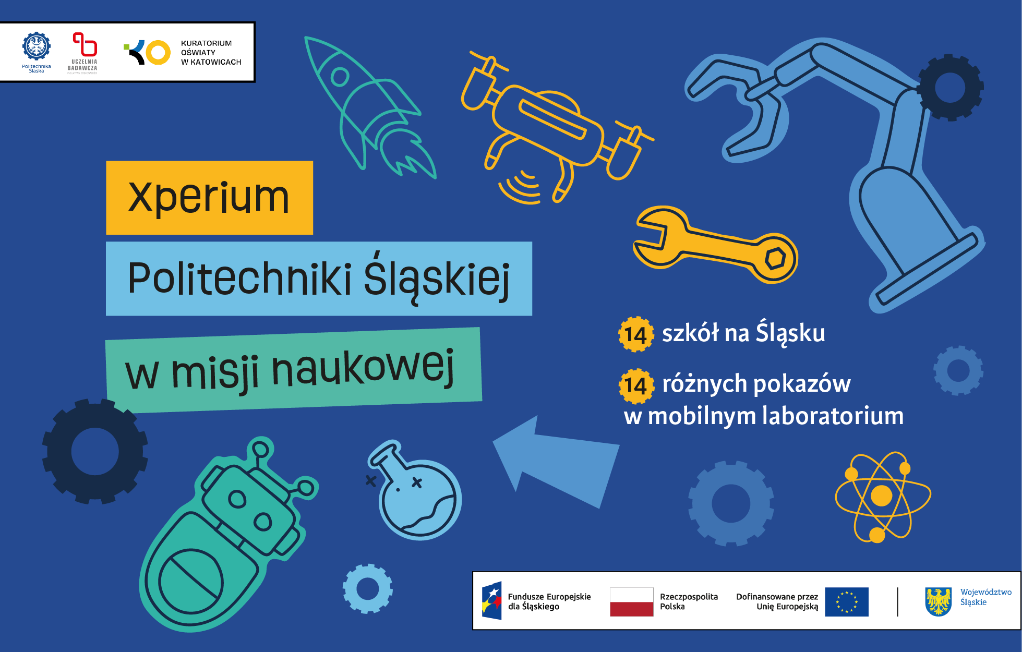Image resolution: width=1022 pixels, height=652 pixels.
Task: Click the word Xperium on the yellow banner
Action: [x=209, y=198]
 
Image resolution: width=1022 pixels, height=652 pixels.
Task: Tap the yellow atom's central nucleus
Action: [x=882, y=496]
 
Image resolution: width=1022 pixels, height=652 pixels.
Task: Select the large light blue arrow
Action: [x=556, y=462]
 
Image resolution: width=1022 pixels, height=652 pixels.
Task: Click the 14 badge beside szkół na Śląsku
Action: [x=636, y=334]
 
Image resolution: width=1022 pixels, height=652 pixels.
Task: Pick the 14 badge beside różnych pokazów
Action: [x=636, y=386]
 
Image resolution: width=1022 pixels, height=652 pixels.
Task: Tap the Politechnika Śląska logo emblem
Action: [x=37, y=46]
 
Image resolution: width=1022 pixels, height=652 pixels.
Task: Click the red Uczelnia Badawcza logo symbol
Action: [x=85, y=44]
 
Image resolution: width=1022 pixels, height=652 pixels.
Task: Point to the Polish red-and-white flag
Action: [x=632, y=602]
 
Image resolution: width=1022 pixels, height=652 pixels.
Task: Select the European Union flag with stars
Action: [x=847, y=602]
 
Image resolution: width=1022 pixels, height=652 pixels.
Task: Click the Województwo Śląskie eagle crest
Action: [x=939, y=601]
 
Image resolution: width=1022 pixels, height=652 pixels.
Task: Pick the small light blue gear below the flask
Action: [x=368, y=589]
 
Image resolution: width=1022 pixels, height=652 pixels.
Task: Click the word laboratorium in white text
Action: [x=833, y=416]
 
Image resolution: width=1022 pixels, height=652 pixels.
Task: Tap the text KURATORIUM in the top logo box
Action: [x=206, y=43]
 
